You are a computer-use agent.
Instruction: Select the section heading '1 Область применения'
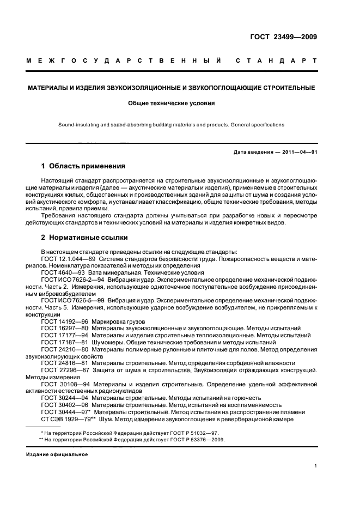tap(83, 166)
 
